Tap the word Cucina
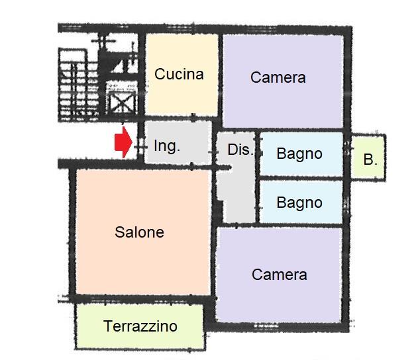point(179,74)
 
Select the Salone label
point(139,232)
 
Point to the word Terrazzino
point(140,326)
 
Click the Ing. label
point(167,146)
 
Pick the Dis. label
point(240,150)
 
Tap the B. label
point(370,159)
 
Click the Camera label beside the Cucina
point(278,77)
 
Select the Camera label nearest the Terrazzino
point(280,275)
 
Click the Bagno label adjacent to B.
point(299,154)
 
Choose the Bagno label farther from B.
point(299,202)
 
